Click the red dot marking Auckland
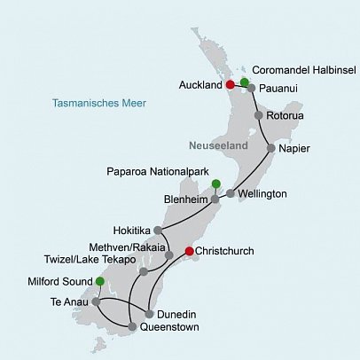(230, 84)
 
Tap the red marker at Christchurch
(188, 252)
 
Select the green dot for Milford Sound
(99, 281)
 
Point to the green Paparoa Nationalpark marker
(215, 184)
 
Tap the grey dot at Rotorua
(258, 115)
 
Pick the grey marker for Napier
(270, 149)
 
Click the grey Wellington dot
(231, 193)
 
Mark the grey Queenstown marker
(132, 327)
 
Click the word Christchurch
(223, 252)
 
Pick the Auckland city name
(200, 85)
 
